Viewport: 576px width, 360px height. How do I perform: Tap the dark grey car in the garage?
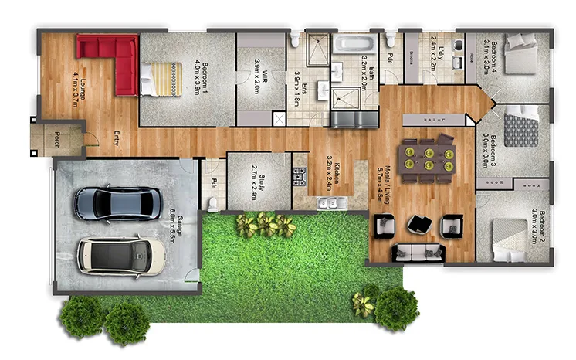point(118,203)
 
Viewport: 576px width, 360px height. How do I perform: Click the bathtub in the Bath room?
point(354,43)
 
